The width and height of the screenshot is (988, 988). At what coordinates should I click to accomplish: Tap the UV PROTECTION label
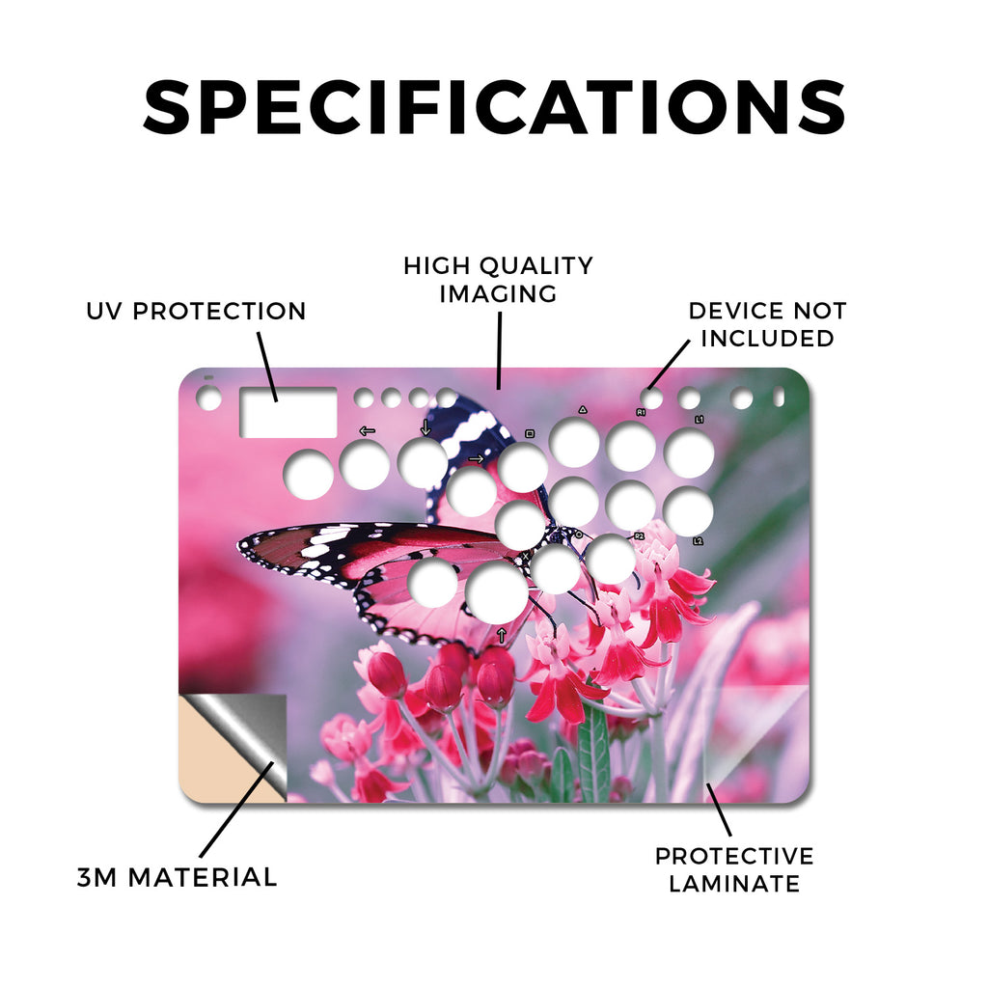pyautogui.click(x=196, y=312)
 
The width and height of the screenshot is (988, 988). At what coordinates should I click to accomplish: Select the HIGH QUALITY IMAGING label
pyautogui.click(x=498, y=280)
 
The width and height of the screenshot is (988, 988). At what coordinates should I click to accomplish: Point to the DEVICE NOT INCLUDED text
pyautogui.click(x=767, y=324)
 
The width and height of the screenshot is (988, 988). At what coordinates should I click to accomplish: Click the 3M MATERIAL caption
pyautogui.click(x=178, y=877)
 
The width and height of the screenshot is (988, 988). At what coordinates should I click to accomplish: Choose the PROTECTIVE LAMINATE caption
pyautogui.click(x=734, y=870)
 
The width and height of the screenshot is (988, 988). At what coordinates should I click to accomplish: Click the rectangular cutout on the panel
pyautogui.click(x=288, y=413)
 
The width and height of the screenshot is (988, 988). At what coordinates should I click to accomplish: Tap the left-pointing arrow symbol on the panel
pyautogui.click(x=367, y=431)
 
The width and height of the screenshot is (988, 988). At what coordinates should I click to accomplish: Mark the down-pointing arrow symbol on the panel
pyautogui.click(x=425, y=427)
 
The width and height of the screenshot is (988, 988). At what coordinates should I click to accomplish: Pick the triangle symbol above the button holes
pyautogui.click(x=583, y=409)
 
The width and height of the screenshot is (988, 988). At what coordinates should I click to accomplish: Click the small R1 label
pyautogui.click(x=641, y=413)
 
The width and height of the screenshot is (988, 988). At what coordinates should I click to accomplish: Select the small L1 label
pyautogui.click(x=699, y=420)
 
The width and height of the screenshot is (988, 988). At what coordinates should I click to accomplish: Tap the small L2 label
pyautogui.click(x=698, y=541)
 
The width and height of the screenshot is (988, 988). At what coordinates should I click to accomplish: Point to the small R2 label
pyautogui.click(x=639, y=536)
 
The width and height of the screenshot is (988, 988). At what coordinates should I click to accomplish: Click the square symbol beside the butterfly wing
pyautogui.click(x=530, y=433)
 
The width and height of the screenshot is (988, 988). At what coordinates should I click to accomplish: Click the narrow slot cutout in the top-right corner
pyautogui.click(x=779, y=397)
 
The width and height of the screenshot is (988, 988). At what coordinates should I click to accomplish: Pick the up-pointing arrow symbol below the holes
pyautogui.click(x=502, y=635)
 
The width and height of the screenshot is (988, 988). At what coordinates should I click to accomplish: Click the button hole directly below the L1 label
pyautogui.click(x=689, y=453)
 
